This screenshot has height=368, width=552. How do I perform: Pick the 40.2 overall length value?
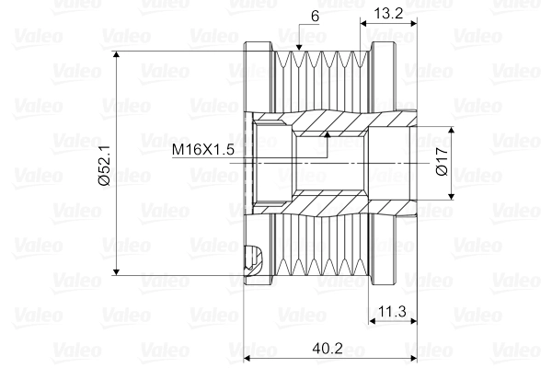click(x=323, y=349)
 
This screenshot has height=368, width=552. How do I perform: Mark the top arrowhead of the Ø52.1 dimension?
click(x=117, y=56)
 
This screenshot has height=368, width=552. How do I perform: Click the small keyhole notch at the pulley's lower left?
click(x=256, y=255)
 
